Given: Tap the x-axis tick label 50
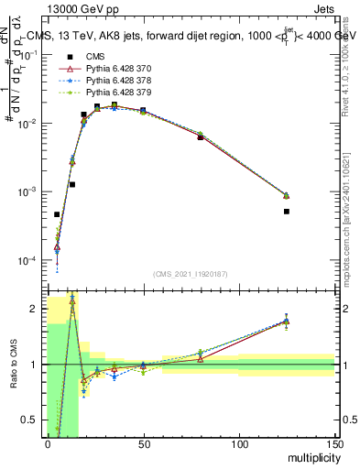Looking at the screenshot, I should (143, 443).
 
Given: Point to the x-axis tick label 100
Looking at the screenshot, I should (239, 443).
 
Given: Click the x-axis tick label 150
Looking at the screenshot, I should (334, 443).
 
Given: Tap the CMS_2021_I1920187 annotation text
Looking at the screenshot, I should (190, 273).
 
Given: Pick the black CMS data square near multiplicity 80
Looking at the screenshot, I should (201, 137).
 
